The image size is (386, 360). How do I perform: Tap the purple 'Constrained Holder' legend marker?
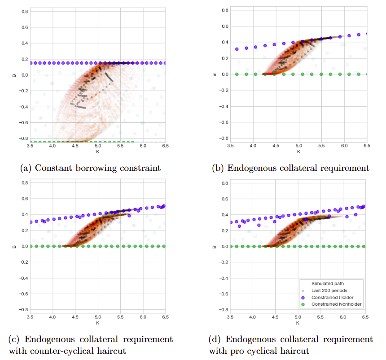coord(305,297)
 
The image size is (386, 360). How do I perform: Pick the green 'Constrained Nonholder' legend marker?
coord(305,304)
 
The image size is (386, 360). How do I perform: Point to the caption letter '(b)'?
coord(219,168)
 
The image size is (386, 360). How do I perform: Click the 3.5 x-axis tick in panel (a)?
coord(30,147)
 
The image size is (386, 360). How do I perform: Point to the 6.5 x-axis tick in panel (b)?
coord(366,147)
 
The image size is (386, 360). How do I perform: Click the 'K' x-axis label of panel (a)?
coord(98,152)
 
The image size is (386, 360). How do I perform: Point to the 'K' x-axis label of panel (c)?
coord(98,323)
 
